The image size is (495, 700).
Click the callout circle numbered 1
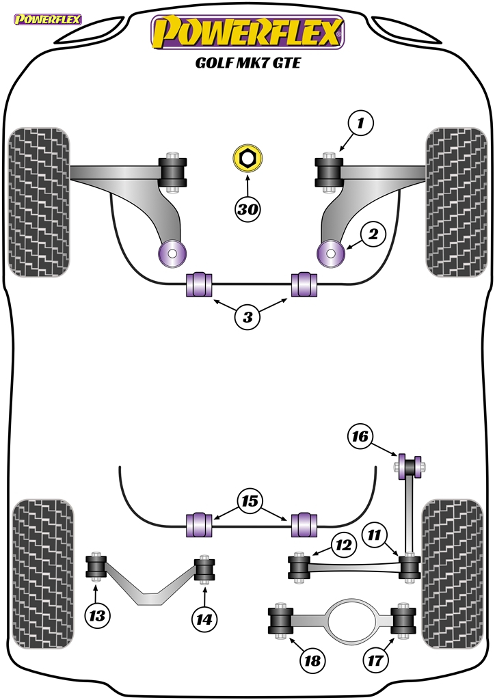point(360,122)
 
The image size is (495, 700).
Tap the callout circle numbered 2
point(373,234)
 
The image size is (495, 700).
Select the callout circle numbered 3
point(247,317)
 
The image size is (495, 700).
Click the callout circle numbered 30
point(247,208)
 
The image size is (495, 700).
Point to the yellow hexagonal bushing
point(247,158)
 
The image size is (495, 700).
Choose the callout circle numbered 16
point(360,435)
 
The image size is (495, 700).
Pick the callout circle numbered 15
point(250,501)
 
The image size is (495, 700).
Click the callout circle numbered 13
point(97,616)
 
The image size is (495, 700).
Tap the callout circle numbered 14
point(204,619)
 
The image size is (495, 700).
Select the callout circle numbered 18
point(312,660)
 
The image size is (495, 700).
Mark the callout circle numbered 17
point(375,660)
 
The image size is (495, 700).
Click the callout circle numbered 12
point(344,545)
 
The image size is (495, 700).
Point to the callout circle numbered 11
point(375,535)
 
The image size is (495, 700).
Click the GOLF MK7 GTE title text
point(247,62)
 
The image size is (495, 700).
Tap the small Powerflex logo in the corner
point(47,19)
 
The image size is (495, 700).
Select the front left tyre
point(39,202)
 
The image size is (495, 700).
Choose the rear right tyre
point(453,574)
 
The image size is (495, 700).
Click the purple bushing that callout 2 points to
point(330,253)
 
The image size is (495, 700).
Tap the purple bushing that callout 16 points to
point(410,466)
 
